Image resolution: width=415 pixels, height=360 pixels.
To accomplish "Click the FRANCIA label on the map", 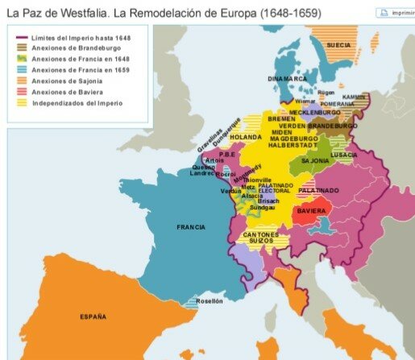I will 191,227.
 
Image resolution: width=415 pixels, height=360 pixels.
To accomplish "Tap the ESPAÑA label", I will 93,317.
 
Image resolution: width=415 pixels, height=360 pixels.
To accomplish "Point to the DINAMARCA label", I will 287,79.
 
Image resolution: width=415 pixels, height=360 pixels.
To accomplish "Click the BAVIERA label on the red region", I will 311,211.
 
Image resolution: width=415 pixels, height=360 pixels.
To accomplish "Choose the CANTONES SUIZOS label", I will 261,238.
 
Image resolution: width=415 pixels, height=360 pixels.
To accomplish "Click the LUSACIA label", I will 343,154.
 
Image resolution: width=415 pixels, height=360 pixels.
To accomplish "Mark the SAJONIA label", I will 315,161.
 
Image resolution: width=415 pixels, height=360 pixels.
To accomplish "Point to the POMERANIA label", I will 337,104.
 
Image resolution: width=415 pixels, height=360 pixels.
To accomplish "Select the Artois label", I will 214,160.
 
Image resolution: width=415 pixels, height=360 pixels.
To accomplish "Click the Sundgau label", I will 262,207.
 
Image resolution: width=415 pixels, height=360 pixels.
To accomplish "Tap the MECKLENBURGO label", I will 314,113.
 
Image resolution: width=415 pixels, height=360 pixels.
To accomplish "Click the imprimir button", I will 396,14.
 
